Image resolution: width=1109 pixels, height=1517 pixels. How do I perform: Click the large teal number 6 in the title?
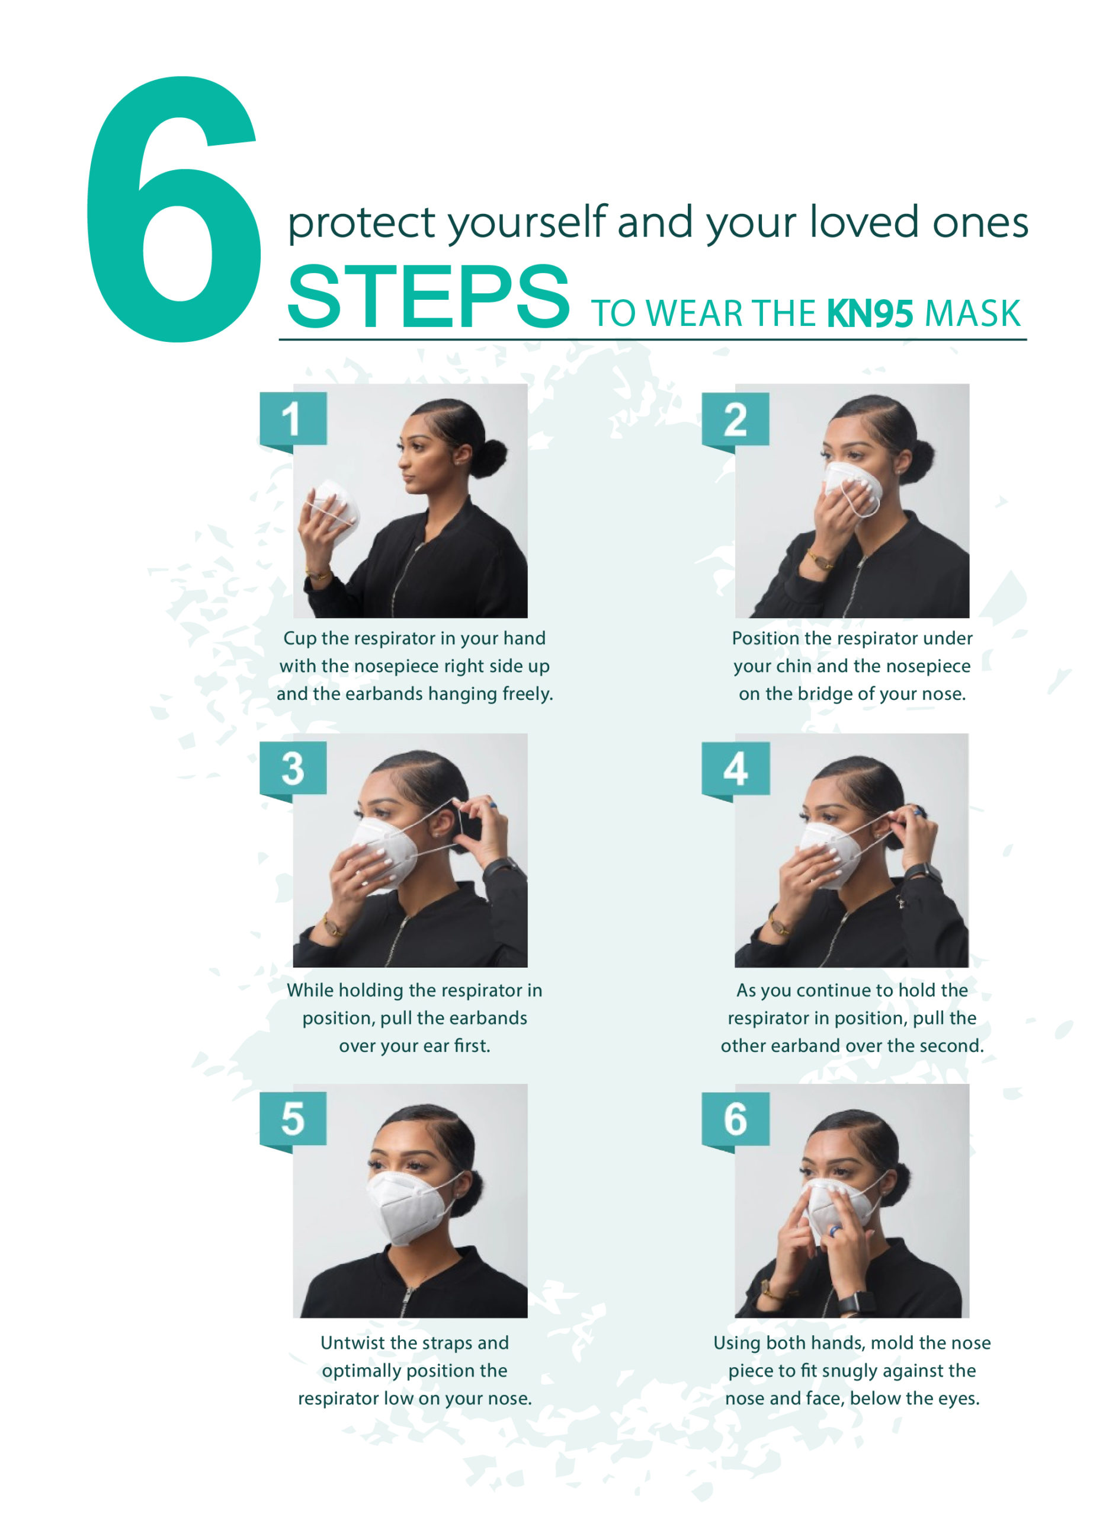[x=173, y=210]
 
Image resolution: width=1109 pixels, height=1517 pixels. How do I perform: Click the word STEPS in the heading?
[x=429, y=296]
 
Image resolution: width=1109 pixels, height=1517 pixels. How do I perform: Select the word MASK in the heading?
[x=972, y=313]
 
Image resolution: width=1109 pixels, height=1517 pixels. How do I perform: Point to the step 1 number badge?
[x=293, y=420]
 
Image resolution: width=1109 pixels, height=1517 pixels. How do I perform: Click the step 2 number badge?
[x=735, y=420]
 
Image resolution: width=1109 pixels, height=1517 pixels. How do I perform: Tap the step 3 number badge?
[x=293, y=770]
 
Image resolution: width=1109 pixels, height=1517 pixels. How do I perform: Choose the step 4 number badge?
[x=735, y=770]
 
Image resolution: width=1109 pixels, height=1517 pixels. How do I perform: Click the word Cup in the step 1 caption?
[x=298, y=639]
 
